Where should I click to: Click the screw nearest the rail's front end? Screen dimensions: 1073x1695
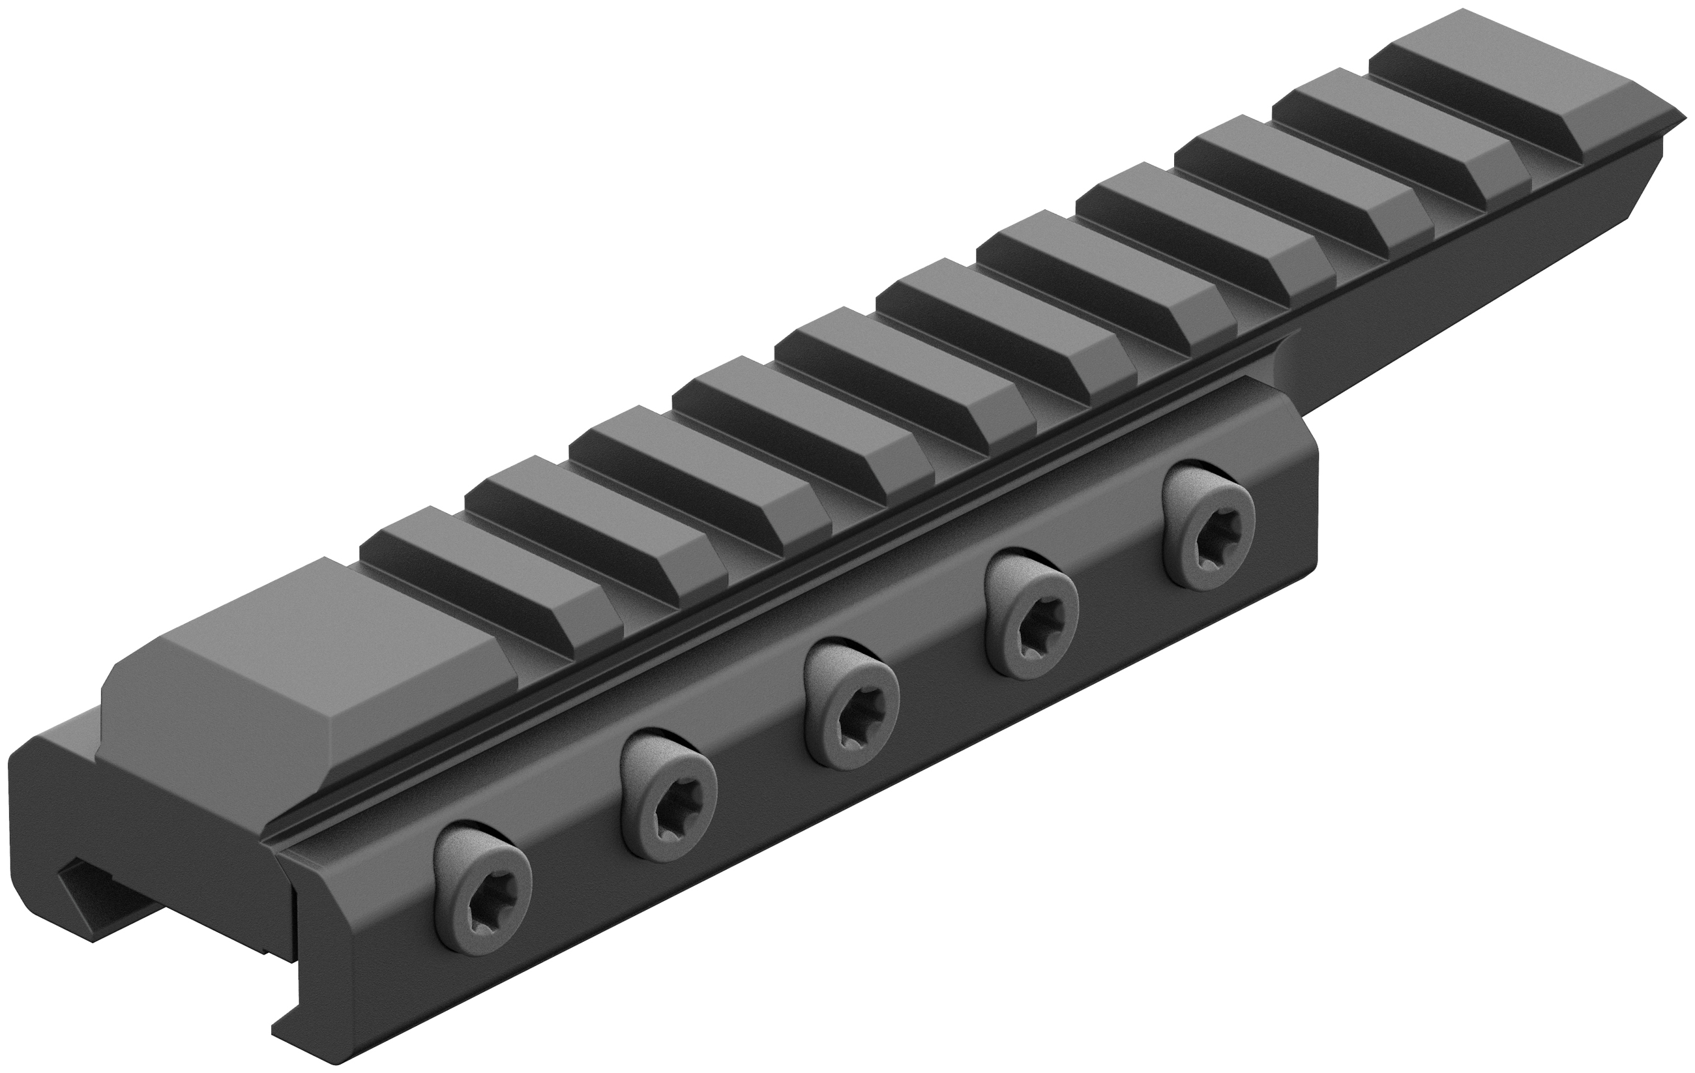coord(482,887)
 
